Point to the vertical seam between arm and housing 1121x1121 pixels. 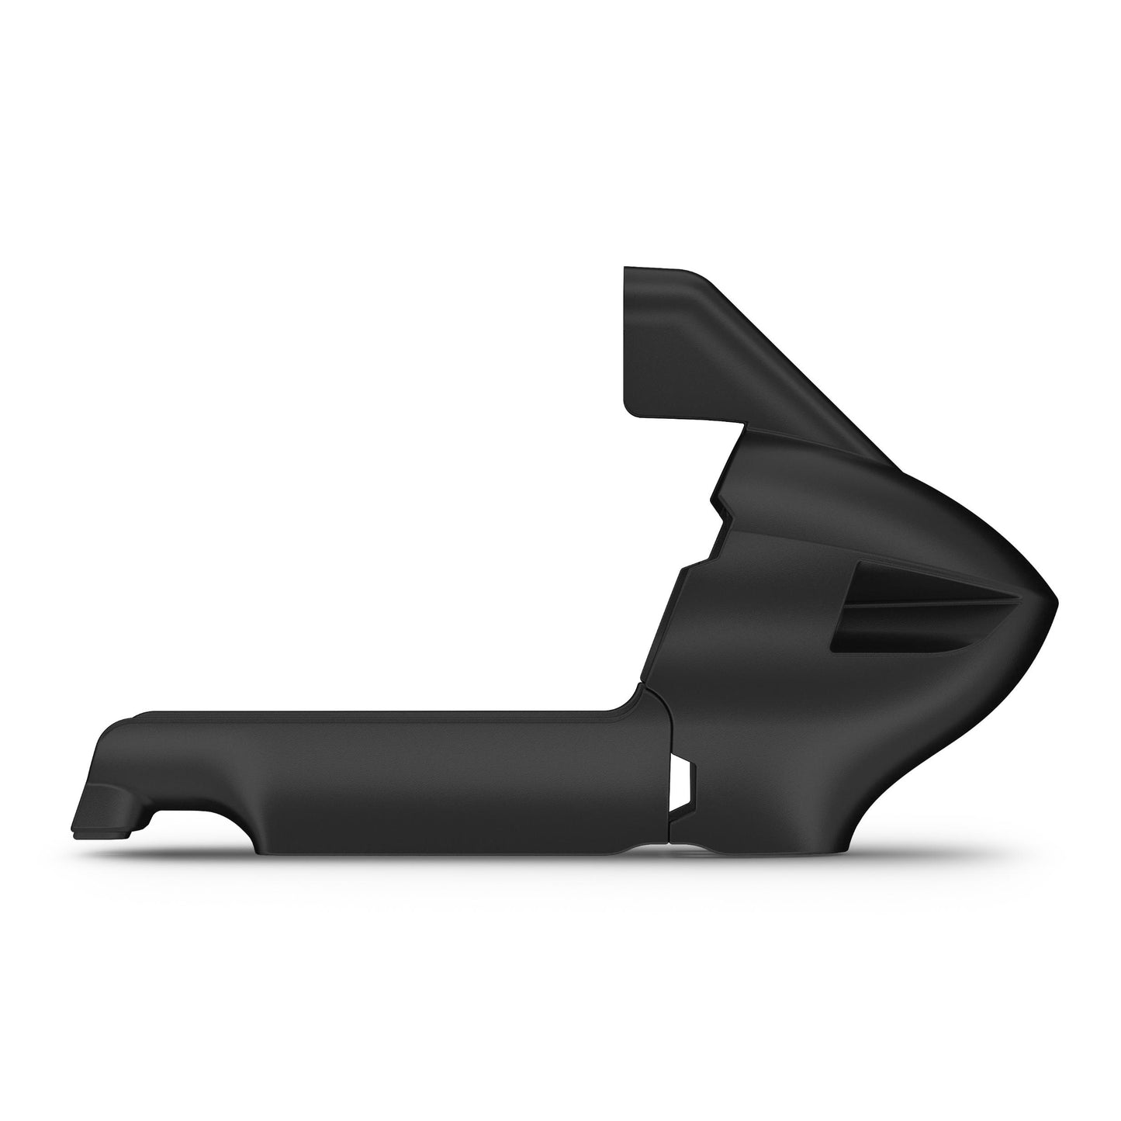669,776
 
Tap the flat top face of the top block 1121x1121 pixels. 659,271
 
